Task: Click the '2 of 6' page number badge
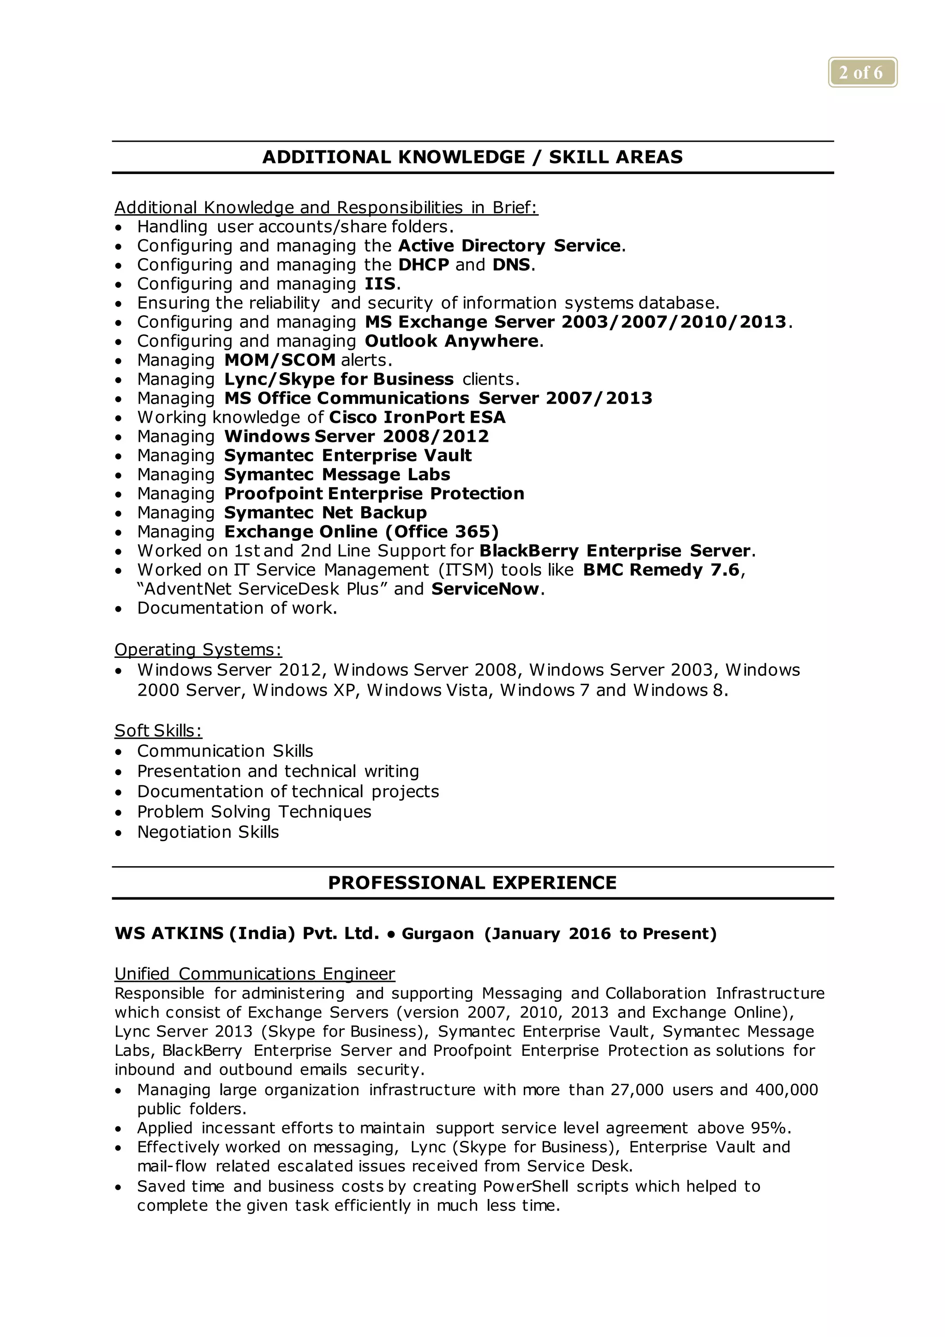(862, 73)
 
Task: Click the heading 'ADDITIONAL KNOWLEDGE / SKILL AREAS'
(472, 157)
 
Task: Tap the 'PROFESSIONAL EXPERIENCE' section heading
(472, 883)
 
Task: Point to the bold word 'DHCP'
(424, 265)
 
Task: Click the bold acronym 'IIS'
(380, 284)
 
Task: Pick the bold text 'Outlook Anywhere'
(452, 341)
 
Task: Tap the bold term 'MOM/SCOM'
(280, 361)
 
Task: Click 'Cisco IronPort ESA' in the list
(417, 417)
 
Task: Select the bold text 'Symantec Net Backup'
(325, 513)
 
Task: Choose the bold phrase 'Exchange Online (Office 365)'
(361, 532)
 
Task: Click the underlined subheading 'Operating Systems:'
(198, 650)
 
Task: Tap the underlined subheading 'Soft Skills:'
(158, 731)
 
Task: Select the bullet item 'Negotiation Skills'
(208, 832)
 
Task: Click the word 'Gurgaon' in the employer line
(437, 934)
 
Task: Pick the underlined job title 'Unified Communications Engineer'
(254, 974)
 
